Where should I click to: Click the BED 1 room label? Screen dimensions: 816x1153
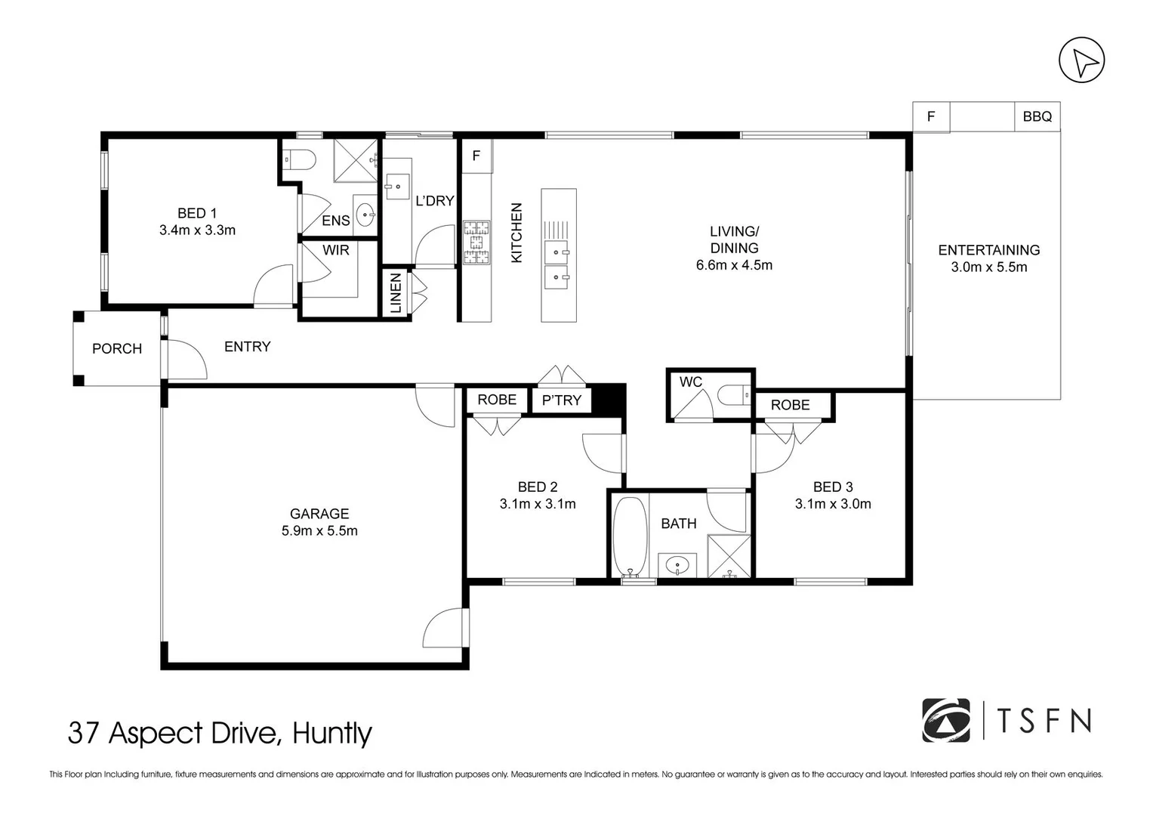click(x=197, y=214)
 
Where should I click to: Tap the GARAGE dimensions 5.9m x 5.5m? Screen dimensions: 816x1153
click(x=319, y=531)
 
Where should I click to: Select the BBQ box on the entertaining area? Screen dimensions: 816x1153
click(x=1037, y=117)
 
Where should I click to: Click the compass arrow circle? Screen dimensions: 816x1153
click(x=1081, y=60)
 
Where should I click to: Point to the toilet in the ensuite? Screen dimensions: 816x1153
click(x=298, y=159)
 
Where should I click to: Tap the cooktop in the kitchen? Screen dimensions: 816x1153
click(x=476, y=243)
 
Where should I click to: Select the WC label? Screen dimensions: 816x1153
click(x=690, y=382)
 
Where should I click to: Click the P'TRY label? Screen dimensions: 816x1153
click(x=561, y=400)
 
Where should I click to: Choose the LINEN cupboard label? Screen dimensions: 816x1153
click(x=396, y=294)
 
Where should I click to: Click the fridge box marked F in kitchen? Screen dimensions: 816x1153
click(x=476, y=156)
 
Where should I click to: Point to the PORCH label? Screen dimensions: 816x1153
click(x=117, y=348)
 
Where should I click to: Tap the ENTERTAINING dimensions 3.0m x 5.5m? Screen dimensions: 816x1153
click(x=988, y=267)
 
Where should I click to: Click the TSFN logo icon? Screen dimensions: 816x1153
click(x=946, y=720)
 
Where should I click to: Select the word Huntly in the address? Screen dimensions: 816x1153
click(x=332, y=733)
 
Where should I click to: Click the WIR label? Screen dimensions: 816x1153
click(x=336, y=250)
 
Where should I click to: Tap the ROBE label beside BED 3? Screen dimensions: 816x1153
click(x=790, y=406)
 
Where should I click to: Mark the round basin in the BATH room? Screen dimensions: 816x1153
click(x=678, y=564)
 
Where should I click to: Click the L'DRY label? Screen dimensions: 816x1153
click(x=434, y=201)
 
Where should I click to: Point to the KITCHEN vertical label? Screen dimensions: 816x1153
click(x=516, y=233)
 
